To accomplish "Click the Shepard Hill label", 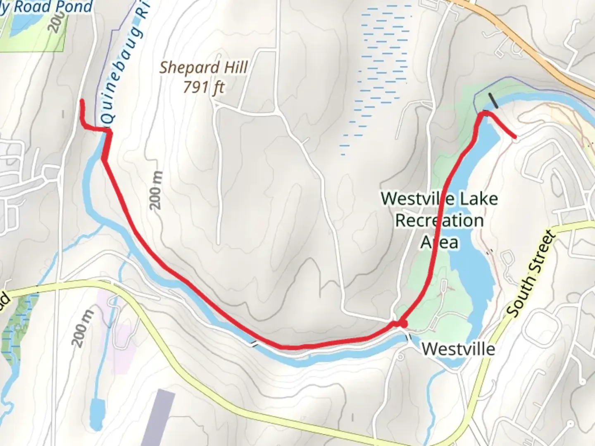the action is pos(204,67).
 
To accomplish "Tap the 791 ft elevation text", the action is pos(204,87).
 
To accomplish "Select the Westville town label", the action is pos(458,349).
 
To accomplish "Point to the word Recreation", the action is pos(439,221).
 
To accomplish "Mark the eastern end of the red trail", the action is pos(515,137).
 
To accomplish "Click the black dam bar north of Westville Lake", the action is pos(493,100).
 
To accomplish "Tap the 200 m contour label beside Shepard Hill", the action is pos(156,190).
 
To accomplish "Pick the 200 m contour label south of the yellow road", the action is pos(82,328).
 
